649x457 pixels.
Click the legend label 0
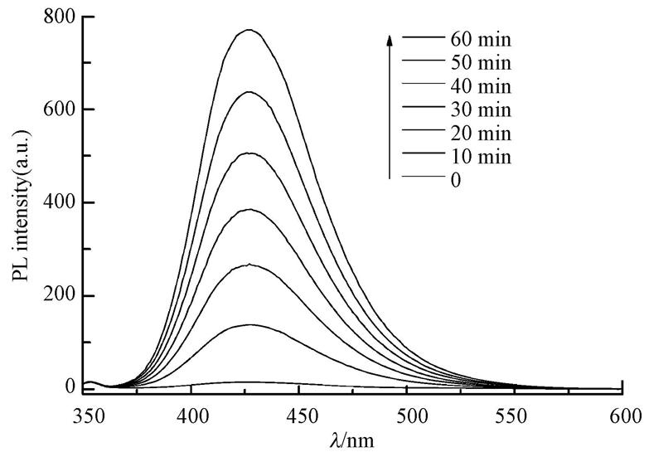[x=456, y=179]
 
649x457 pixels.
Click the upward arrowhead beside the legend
[x=390, y=38]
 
